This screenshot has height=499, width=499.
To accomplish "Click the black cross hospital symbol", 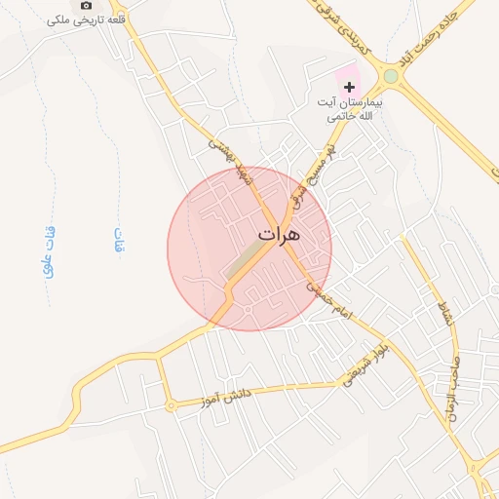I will pos(350,88).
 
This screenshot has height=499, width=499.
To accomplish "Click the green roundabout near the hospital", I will pos(391,75).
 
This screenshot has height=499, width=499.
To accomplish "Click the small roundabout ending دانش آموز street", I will pos(171,405).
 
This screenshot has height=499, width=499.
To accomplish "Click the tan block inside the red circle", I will pos(246,256).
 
